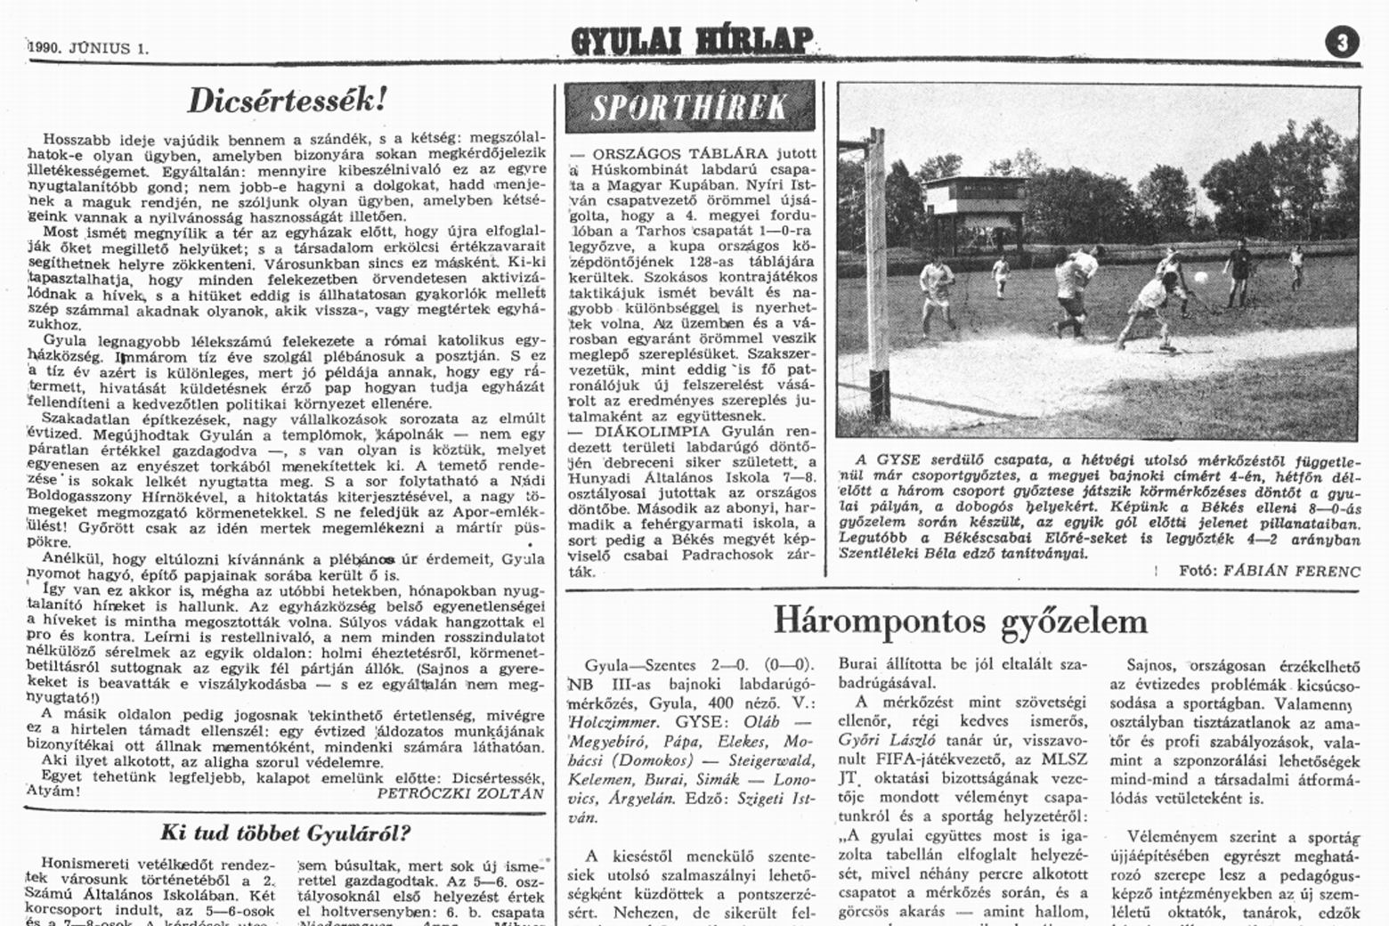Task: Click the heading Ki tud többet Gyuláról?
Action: click(x=285, y=833)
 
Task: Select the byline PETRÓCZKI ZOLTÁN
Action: click(x=460, y=793)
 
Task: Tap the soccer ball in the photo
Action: click(x=1200, y=278)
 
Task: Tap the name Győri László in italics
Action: click(x=882, y=739)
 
